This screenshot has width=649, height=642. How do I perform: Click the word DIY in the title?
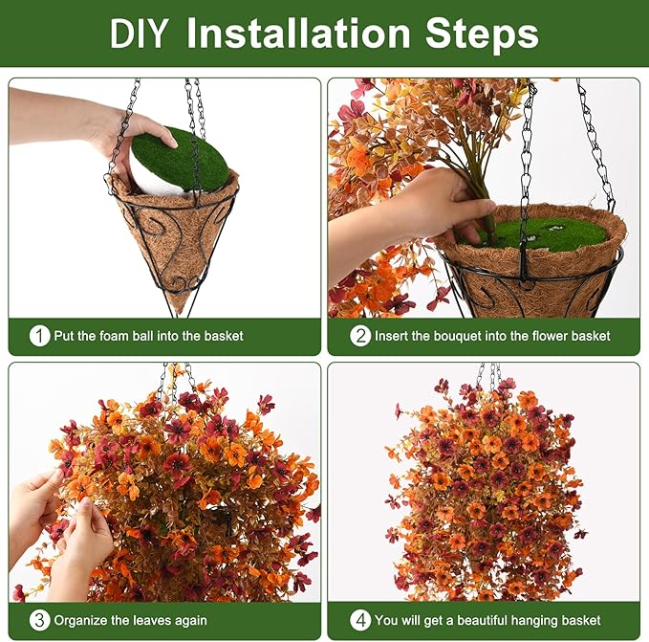[x=139, y=33]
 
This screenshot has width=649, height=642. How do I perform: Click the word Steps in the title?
[x=482, y=34]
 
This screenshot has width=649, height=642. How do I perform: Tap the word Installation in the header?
[x=298, y=33]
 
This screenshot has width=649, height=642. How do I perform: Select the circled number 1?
[x=40, y=336]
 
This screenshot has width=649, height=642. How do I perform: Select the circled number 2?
[x=360, y=336]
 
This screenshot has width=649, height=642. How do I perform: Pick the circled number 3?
[x=40, y=620]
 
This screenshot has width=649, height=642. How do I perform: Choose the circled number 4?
[x=360, y=620]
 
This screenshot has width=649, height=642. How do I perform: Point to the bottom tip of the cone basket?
[x=178, y=317]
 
